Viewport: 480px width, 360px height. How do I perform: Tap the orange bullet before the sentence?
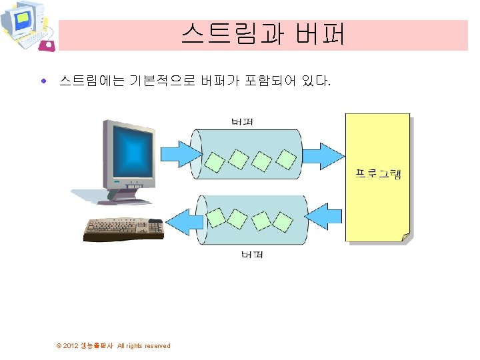pos(43,82)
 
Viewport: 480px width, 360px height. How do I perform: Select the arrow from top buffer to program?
pos(325,157)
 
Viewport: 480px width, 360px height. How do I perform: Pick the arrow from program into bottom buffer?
pos(326,215)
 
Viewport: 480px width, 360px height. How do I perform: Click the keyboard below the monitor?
pos(123,229)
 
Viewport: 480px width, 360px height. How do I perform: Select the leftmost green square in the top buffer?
pos(215,162)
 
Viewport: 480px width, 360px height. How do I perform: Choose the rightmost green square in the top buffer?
pos(285,159)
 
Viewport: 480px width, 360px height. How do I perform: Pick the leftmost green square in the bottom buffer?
pos(215,216)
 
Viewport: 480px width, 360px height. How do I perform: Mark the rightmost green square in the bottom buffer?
pos(284,220)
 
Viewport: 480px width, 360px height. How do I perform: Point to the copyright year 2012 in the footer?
pos(71,345)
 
